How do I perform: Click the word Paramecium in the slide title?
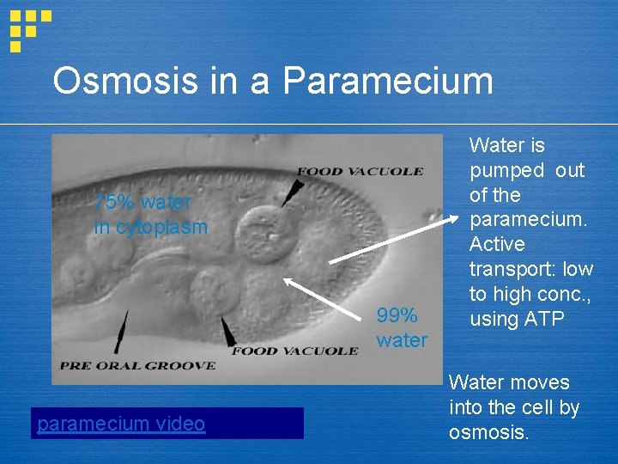pos(387,82)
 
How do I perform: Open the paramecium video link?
pos(121,424)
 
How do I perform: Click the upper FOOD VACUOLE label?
pos(360,171)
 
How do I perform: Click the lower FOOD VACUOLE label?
pos(294,351)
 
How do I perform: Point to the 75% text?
pos(111,202)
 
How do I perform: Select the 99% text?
pos(397,315)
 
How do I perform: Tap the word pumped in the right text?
pos(506,170)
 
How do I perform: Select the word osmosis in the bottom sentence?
pos(488,432)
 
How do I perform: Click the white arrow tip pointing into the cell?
pos(287,279)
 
